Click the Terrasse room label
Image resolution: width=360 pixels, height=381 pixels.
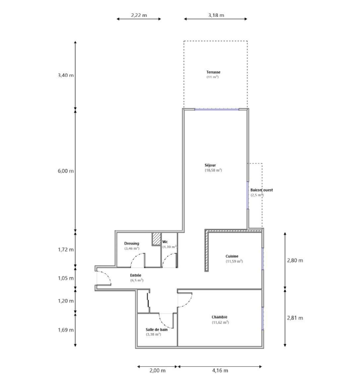click(213, 72)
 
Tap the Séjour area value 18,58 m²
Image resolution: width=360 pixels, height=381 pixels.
click(213, 170)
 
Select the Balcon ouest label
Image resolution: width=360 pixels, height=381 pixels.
click(262, 190)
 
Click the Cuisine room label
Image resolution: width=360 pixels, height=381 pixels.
click(232, 256)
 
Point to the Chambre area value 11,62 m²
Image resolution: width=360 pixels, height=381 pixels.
click(220, 323)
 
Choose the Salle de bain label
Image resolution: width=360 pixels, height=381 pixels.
click(156, 330)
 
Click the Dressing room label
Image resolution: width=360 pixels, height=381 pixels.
click(132, 243)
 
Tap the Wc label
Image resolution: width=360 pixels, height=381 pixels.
click(165, 242)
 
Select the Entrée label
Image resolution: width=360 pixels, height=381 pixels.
click(135, 275)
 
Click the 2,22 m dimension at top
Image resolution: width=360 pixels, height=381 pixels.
click(139, 16)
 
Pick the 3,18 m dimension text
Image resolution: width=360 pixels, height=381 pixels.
click(216, 16)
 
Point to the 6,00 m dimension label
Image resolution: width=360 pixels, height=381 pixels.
click(66, 171)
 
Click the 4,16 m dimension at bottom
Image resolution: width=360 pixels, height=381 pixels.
click(220, 370)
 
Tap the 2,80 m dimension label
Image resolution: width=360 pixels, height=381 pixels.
click(295, 260)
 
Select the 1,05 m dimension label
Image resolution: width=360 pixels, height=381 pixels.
click(66, 278)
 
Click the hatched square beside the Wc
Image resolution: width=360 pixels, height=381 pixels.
click(156, 239)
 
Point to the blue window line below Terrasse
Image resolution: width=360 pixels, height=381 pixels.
click(216, 110)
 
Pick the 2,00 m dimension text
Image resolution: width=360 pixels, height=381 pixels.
click(157, 370)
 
